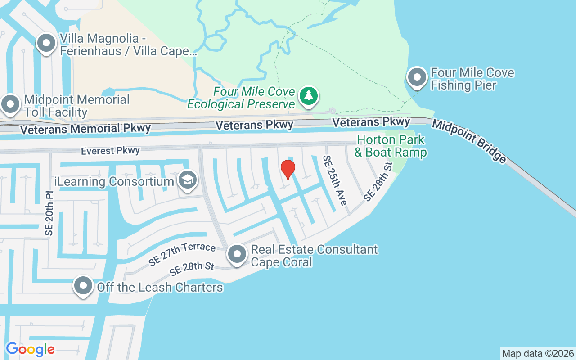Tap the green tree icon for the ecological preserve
coord(309,96)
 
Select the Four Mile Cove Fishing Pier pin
coord(417,77)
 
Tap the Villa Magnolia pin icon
coord(46,44)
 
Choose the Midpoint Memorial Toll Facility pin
coord(10,104)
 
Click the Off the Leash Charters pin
coord(83,286)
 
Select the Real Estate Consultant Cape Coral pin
coord(237,254)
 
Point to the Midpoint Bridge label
coord(469,141)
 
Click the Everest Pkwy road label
coord(110,151)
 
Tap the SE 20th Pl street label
coord(49,213)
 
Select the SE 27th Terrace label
coord(182,253)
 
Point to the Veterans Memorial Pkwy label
coord(85,129)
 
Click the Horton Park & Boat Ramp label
coord(390,146)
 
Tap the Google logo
coord(30,349)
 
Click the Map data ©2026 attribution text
coord(538,353)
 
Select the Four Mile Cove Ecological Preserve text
coord(241,98)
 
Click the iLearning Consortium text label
coord(114,182)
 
